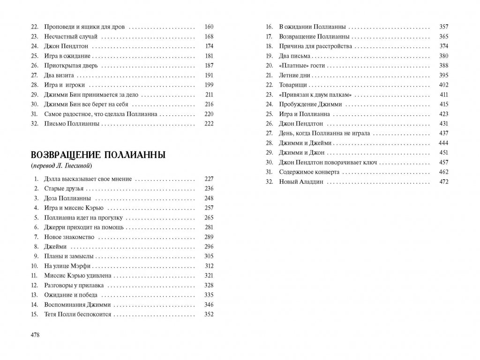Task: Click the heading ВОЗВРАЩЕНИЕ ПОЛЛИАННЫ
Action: coord(97,155)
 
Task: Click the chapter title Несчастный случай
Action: coord(71,36)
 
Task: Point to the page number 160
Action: coord(209,26)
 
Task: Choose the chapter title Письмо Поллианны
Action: coord(72,124)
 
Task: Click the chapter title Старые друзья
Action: coord(64,188)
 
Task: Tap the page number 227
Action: coord(209,179)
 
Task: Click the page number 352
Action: coord(209,314)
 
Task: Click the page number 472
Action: coord(443,182)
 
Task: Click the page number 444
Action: coord(443,143)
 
